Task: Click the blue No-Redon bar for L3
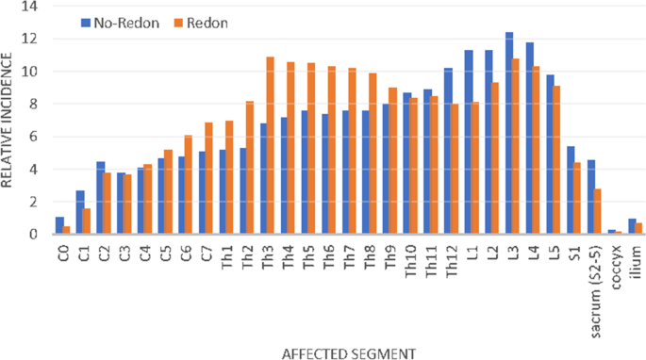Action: pyautogui.click(x=508, y=133)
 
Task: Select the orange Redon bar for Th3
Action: pyautogui.click(x=270, y=145)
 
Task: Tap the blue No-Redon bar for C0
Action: pyautogui.click(x=60, y=225)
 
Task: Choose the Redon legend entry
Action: pyautogui.click(x=188, y=21)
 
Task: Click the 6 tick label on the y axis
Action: pyautogui.click(x=35, y=137)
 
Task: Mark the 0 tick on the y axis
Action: pyautogui.click(x=35, y=234)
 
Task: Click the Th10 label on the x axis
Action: pyautogui.click(x=408, y=258)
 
